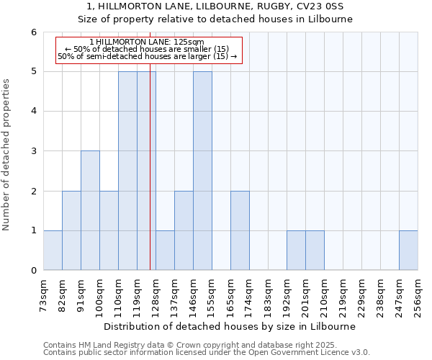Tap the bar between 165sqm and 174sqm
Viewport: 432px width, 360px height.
coord(240,230)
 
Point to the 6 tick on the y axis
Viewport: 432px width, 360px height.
coord(34,32)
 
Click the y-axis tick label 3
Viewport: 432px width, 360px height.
coord(34,151)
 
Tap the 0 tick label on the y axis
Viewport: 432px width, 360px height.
coord(34,271)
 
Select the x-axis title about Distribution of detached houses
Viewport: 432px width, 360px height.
coord(230,326)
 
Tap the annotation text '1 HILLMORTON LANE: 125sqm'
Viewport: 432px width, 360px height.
coord(148,42)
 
